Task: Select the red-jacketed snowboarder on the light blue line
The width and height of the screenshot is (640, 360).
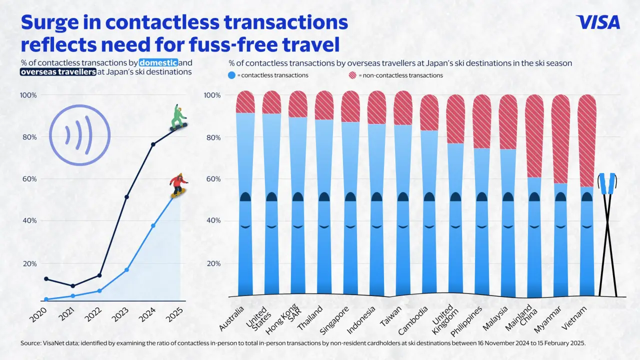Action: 178,185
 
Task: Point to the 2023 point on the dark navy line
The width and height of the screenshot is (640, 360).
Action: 126,197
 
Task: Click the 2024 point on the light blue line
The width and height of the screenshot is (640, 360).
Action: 153,225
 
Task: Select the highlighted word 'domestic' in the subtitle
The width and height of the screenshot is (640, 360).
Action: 158,63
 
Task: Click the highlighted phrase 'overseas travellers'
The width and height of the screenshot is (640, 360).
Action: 58,72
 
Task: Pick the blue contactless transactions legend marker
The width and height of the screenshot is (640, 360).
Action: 231,75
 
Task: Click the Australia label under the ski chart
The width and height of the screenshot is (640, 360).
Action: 232,318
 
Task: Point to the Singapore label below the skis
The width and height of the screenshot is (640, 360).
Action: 335,318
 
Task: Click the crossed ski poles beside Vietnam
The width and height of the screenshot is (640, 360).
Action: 607,235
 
